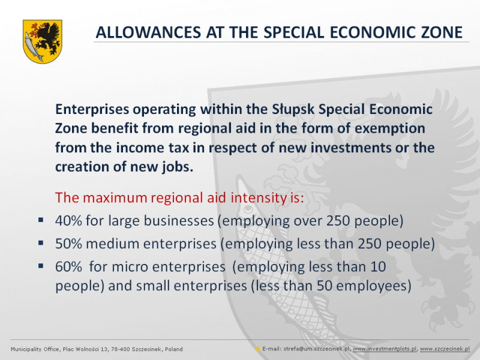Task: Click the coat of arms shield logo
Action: pos(43,41)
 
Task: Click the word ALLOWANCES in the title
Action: pos(148,32)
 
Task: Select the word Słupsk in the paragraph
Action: pos(293,110)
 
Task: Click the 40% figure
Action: pos(68,220)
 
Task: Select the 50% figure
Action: pos(68,244)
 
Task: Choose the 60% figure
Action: pos(68,266)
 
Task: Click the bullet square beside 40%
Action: pos(41,220)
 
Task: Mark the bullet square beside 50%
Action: pos(41,243)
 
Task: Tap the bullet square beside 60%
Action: pos(41,266)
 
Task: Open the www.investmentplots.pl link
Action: pos(385,349)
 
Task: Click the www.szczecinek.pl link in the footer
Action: pos(445,349)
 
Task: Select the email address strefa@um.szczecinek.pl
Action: pos(317,349)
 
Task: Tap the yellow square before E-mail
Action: pos(258,349)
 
